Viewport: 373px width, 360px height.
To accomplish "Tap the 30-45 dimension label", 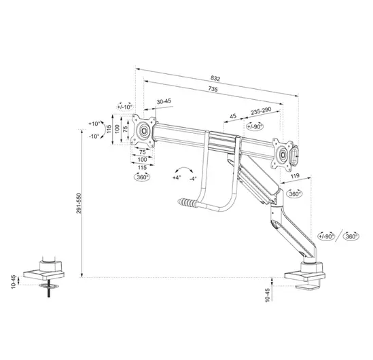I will point(163,102).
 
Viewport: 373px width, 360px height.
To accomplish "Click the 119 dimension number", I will point(294,176).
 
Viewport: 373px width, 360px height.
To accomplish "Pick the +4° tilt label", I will point(177,177).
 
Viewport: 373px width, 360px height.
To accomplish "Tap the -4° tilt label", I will point(194,178).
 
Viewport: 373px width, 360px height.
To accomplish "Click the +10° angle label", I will point(94,124).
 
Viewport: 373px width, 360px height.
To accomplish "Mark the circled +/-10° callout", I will point(124,107).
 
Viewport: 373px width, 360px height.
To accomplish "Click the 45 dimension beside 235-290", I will point(233,116).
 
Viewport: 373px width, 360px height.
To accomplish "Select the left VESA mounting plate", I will point(143,130).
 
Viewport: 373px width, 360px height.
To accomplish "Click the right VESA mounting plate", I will point(281,152).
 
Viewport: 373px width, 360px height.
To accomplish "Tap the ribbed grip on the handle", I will point(186,202).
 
